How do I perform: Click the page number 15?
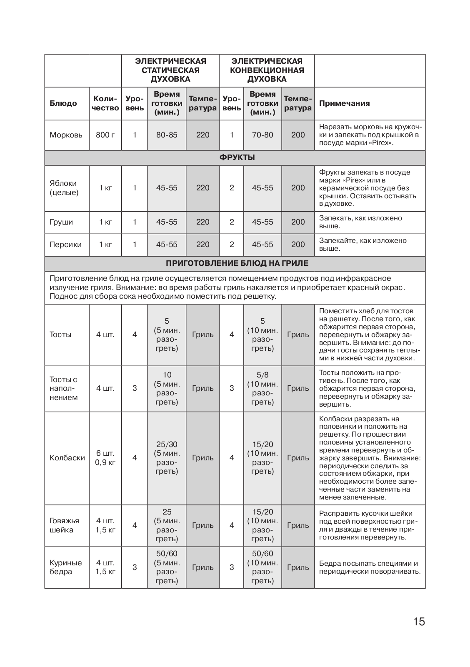(419, 622)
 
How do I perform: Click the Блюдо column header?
(63, 103)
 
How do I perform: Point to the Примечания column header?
(344, 103)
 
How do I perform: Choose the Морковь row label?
(66, 135)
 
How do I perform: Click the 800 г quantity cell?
(105, 135)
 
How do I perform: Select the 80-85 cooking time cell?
(167, 135)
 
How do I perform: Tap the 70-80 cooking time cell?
(262, 135)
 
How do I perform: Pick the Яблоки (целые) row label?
(64, 188)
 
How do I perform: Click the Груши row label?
(61, 222)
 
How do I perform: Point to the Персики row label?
(65, 245)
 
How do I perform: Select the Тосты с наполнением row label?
(63, 388)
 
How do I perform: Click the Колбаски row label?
(67, 458)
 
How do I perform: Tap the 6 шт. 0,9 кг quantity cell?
(105, 458)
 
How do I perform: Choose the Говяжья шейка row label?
(64, 525)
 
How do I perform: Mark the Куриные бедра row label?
(65, 567)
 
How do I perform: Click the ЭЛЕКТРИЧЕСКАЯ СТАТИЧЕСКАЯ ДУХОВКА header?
(170, 70)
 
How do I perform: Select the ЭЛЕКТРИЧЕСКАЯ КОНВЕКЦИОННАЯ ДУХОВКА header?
(267, 70)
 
